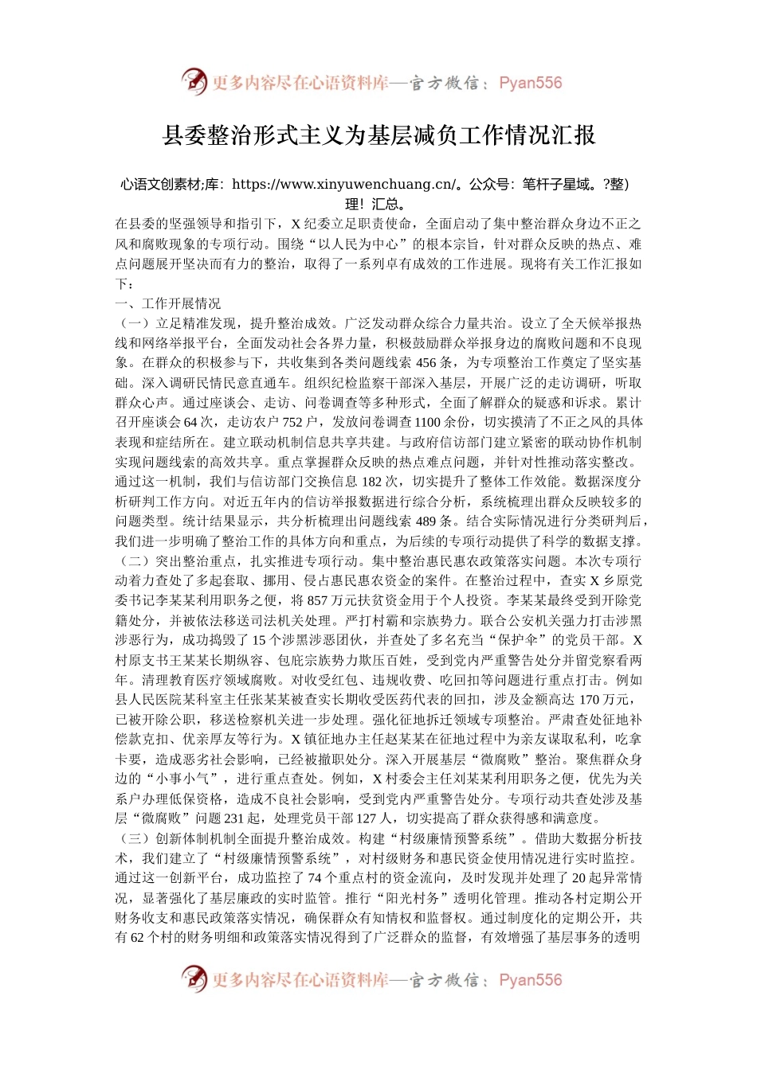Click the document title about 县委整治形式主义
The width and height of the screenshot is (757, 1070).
378,135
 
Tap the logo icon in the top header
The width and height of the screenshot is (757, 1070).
194,82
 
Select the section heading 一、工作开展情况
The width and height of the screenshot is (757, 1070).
168,303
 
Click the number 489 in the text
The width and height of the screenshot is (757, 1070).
426,521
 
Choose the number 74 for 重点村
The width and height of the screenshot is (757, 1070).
314,878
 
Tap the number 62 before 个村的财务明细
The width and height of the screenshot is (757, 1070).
137,937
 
